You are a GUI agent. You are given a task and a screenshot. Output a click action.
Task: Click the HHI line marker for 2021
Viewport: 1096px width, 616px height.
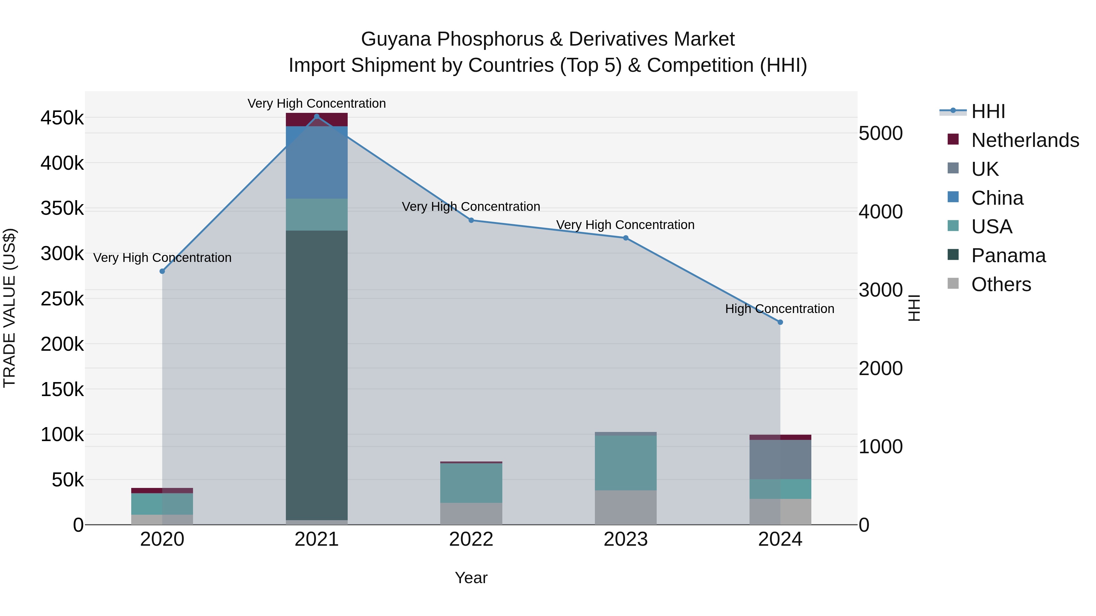click(317, 117)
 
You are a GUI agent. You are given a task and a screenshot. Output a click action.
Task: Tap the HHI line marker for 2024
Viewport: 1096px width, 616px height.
click(780, 322)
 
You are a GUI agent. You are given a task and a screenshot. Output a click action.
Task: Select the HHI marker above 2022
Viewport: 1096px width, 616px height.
click(471, 220)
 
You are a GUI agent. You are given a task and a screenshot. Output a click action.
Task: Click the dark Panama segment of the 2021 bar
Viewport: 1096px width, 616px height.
click(317, 374)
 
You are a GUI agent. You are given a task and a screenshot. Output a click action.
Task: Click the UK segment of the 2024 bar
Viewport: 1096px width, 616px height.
click(780, 459)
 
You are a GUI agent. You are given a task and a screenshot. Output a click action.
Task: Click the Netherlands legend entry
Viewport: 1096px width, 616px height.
click(1024, 140)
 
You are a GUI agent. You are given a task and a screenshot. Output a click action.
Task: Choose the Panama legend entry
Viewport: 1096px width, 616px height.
click(1008, 256)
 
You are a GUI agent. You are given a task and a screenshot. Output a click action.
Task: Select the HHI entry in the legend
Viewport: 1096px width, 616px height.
click(988, 111)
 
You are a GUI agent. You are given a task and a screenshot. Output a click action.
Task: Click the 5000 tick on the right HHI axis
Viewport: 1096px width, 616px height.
click(880, 134)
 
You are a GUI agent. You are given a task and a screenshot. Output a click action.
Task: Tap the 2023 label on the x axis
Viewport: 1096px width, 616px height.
click(625, 539)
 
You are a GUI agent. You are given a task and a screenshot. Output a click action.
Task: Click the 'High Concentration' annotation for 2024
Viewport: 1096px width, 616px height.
click(779, 309)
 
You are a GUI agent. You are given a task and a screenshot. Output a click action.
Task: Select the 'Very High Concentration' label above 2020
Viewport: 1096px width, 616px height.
click(162, 258)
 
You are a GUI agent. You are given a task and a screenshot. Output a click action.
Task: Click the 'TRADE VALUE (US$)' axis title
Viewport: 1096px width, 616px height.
click(9, 308)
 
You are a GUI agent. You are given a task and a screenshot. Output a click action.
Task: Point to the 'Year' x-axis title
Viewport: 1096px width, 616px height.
click(471, 578)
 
